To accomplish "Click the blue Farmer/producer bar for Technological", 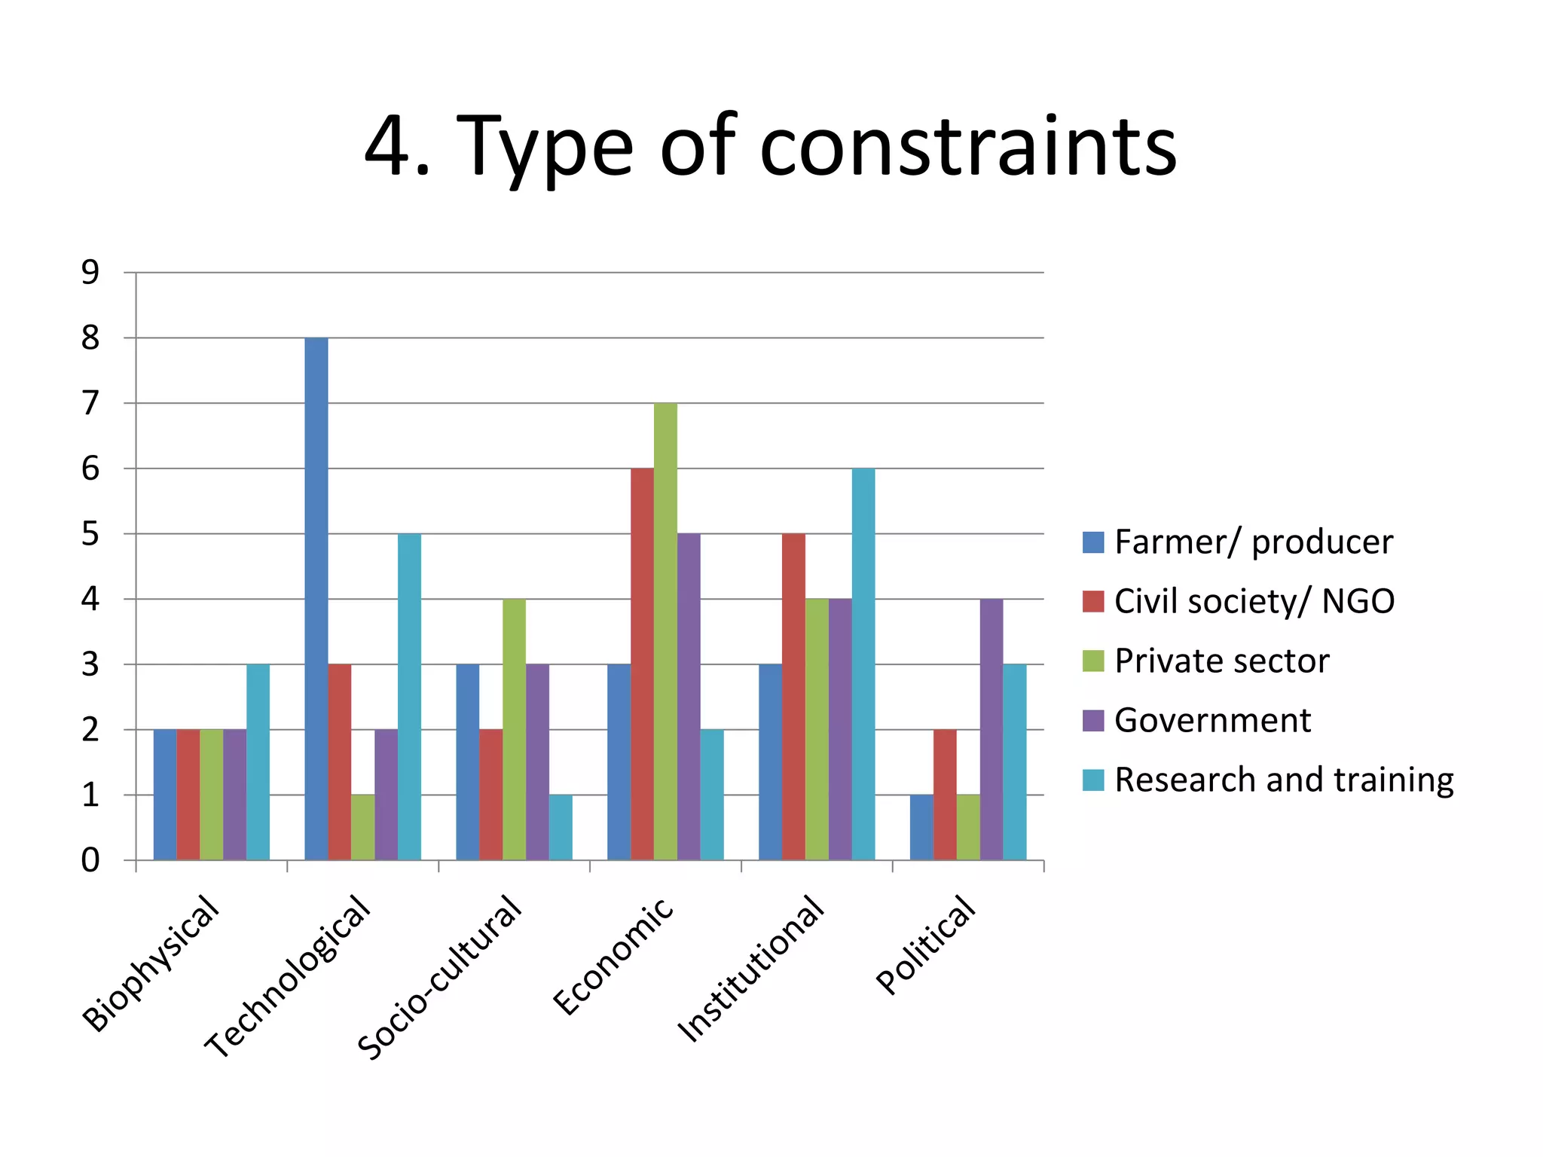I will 316,599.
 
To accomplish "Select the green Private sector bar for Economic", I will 665,631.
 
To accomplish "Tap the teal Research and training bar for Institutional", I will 863,664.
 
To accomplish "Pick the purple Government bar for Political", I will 991,729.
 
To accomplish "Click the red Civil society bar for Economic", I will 642,664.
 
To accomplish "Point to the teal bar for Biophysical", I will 258,762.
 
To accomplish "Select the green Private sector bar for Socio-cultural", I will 514,729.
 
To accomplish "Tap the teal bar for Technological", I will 409,697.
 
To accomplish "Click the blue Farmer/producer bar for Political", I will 921,827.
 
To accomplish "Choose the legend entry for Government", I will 1211,721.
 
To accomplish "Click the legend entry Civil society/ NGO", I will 1254,602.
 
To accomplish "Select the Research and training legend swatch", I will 1092,780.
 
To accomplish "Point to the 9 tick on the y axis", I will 90,273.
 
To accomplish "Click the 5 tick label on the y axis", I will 90,534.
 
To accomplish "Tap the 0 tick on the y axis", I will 90,860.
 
